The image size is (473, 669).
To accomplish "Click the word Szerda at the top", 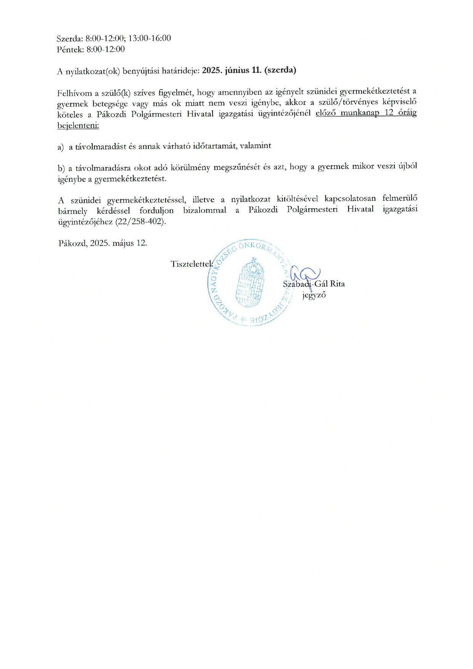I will [x=69, y=39].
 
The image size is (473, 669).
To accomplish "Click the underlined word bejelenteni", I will [x=78, y=126].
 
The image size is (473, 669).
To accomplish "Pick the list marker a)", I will [x=61, y=147].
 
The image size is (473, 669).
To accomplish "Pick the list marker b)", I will [x=61, y=168].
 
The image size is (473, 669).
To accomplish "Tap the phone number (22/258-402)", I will [x=140, y=222].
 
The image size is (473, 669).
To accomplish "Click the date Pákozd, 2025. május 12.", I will [x=103, y=243].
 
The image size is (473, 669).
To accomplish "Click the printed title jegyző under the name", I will [x=314, y=295].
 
